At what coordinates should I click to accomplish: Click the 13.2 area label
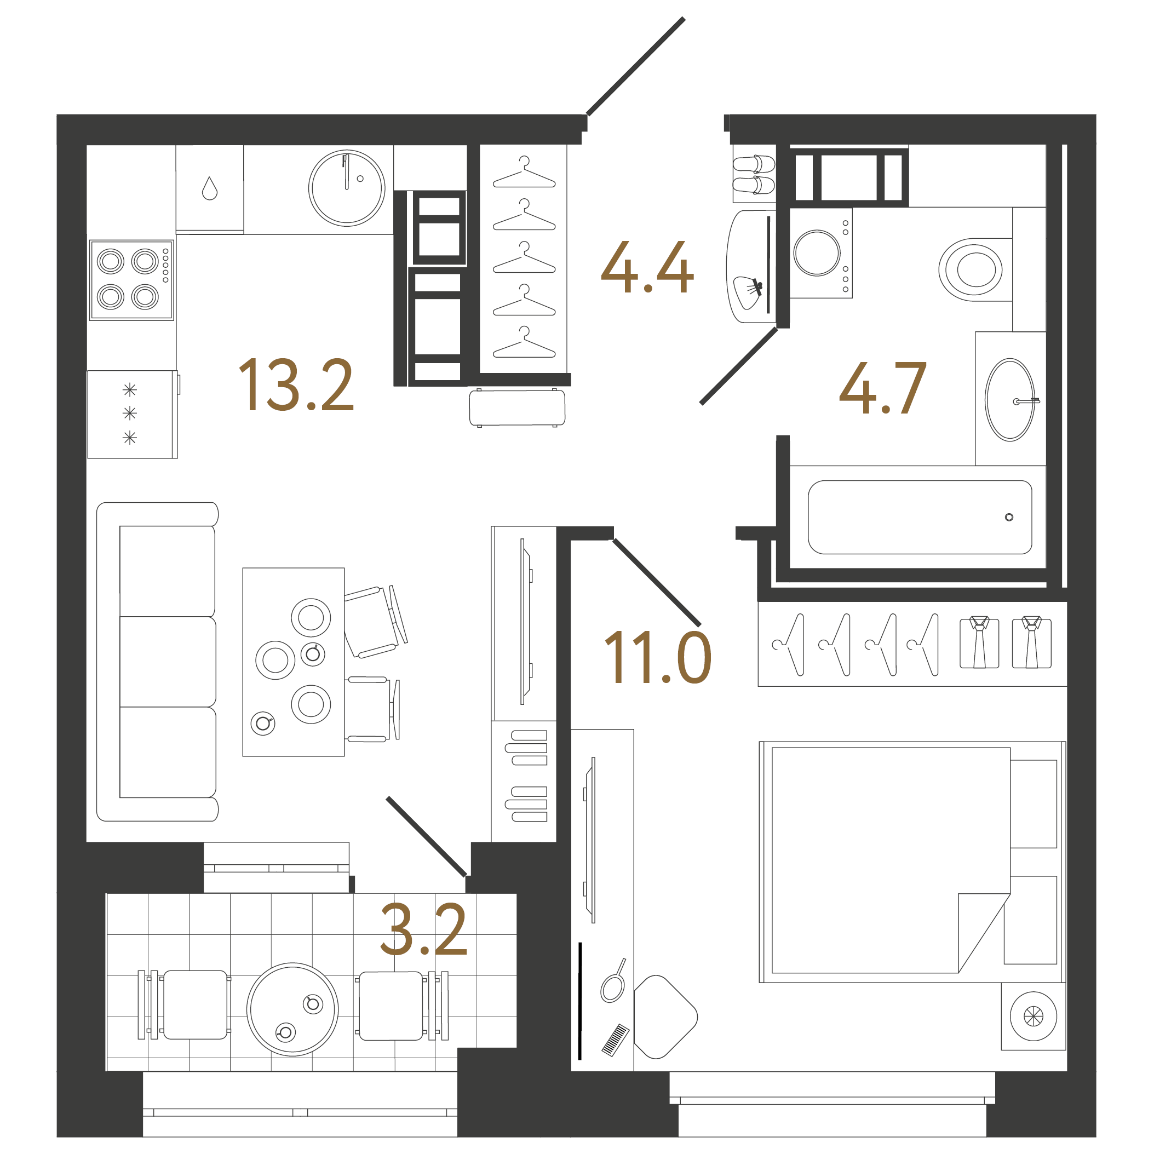pyautogui.click(x=296, y=385)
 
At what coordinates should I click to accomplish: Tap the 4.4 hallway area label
pyautogui.click(x=647, y=268)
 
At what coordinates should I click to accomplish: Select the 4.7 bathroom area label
pyautogui.click(x=882, y=388)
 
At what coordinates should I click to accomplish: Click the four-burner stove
pyautogui.click(x=131, y=279)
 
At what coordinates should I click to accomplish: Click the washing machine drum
pyautogui.click(x=817, y=252)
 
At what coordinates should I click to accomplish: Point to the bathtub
pyautogui.click(x=919, y=517)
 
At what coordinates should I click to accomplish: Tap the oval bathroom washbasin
pyautogui.click(x=1009, y=400)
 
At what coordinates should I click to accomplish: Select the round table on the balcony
pyautogui.click(x=292, y=1009)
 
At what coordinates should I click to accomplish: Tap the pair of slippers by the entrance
pyautogui.click(x=754, y=174)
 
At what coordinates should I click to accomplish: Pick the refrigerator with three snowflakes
pyautogui.click(x=132, y=414)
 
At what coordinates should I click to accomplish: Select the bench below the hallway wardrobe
pyautogui.click(x=517, y=407)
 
